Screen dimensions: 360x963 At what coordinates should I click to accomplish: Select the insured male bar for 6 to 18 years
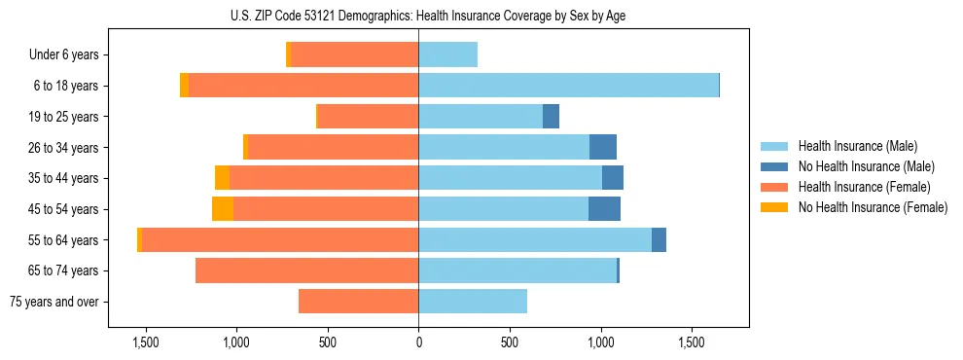tap(568, 86)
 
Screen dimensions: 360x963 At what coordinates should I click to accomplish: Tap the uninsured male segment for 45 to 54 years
tap(604, 209)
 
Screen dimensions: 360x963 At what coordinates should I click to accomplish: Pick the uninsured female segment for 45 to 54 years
tap(223, 209)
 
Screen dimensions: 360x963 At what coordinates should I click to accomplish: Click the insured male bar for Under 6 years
tap(447, 54)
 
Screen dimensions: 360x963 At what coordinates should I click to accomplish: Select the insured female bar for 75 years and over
tap(358, 302)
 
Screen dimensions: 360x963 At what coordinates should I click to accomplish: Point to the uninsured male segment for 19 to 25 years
tap(551, 117)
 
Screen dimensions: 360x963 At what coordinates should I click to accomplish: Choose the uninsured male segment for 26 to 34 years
tap(603, 147)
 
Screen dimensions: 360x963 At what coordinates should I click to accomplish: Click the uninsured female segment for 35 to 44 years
tap(222, 178)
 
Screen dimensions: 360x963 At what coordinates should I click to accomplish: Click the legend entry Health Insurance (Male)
tap(857, 146)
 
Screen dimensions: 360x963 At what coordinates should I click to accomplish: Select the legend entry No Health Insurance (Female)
tap(873, 207)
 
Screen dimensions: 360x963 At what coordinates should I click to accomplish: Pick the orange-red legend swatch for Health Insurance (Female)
tap(774, 187)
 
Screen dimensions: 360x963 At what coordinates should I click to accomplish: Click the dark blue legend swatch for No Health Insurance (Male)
tap(774, 166)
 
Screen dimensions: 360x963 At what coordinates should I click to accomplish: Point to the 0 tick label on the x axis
tap(418, 342)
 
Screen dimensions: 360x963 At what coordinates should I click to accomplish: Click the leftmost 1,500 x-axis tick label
tap(146, 342)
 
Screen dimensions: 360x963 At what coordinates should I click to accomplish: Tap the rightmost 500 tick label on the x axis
tap(510, 342)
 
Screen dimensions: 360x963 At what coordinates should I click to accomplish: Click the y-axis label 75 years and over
tap(54, 302)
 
